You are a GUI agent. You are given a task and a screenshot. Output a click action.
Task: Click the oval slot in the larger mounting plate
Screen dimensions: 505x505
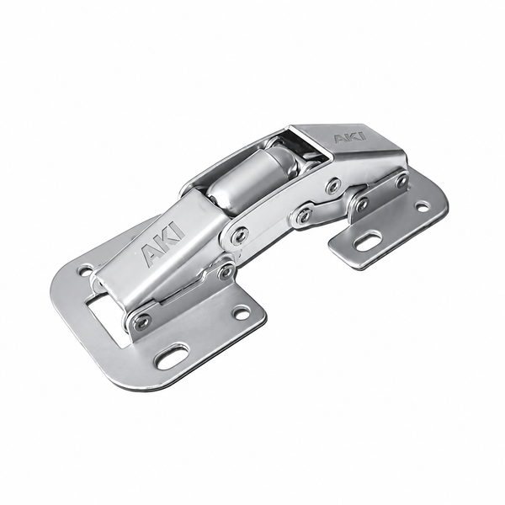coord(172,357)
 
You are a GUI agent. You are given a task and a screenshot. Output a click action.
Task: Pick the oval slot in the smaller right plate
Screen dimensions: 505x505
coord(368,241)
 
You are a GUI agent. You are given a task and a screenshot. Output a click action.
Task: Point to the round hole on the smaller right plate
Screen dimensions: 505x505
coord(423,206)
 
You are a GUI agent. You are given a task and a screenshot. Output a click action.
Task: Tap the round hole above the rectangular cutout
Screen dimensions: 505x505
coord(86,270)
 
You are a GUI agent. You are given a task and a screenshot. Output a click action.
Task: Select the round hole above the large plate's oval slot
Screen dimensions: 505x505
coord(242,311)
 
